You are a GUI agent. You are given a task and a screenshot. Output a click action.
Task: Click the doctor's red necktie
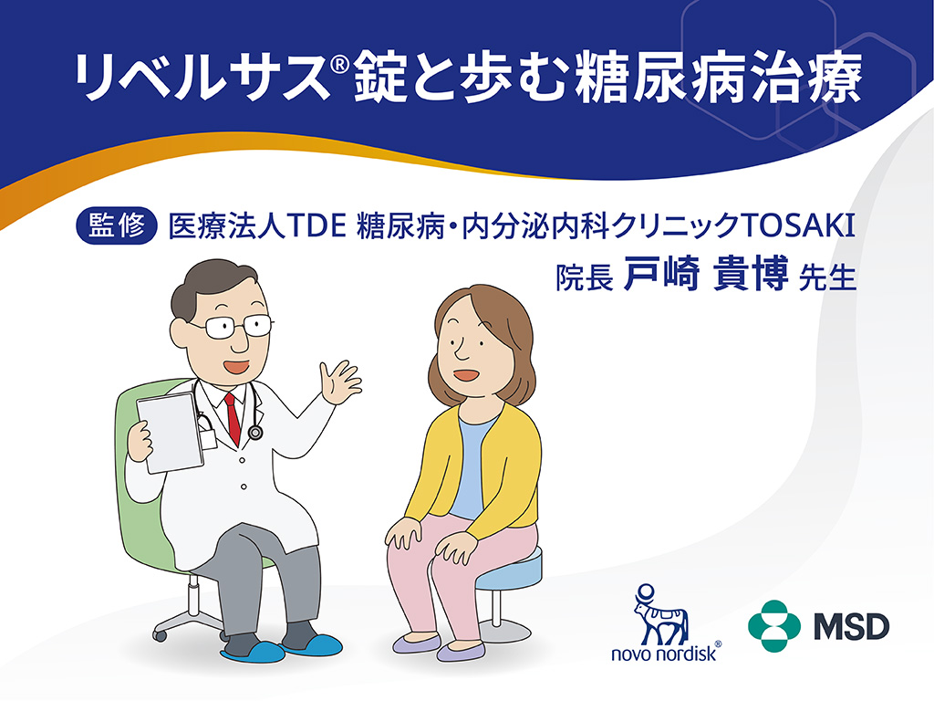(x=233, y=415)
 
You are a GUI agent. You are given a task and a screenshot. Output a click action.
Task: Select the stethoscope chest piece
(x=255, y=433)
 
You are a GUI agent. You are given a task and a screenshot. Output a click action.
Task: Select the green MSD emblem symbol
(x=773, y=625)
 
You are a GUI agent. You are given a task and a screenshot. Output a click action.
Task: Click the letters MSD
(x=849, y=626)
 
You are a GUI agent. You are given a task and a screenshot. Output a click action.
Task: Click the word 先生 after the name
(x=826, y=277)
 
